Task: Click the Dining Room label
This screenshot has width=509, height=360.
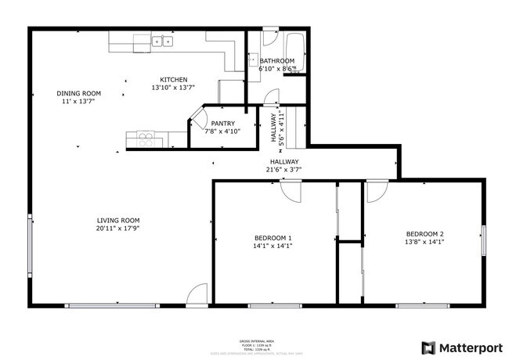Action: point(78,93)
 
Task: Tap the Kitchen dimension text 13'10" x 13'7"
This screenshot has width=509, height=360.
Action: point(172,88)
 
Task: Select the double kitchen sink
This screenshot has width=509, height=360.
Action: point(163,41)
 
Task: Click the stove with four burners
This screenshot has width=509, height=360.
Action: point(147,139)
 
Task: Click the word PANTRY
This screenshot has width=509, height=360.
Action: point(222,123)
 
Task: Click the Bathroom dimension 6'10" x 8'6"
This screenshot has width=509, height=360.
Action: point(276,69)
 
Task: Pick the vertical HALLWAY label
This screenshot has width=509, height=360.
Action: point(275,127)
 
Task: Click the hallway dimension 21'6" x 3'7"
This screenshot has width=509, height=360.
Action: point(283,169)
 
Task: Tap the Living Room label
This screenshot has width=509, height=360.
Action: point(118,220)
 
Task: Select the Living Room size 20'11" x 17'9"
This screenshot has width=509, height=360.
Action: point(118,229)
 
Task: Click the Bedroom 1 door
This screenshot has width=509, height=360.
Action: point(291,191)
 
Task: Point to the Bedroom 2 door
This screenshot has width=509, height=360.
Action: point(377,191)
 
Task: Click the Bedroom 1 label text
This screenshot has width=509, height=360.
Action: point(273,238)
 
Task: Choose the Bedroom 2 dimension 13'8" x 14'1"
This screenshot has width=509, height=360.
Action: point(424,243)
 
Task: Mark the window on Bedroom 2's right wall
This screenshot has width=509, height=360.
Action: point(484,240)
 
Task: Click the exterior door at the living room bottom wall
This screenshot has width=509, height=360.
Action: point(197,295)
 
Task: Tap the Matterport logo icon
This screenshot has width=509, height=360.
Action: point(428,347)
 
